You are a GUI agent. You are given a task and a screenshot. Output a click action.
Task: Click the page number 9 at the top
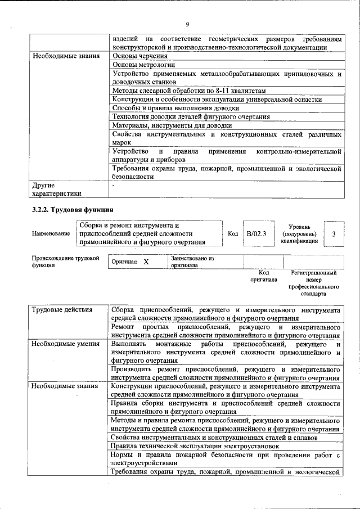click(187, 24)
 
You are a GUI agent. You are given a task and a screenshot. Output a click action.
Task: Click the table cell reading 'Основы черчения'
click(140, 56)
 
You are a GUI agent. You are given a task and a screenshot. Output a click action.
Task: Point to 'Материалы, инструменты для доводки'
click(172, 125)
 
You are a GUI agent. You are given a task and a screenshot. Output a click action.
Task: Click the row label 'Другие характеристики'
click(56, 189)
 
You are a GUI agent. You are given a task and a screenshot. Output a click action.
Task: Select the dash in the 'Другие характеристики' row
click(114, 184)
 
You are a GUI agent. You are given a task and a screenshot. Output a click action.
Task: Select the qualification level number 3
click(334, 233)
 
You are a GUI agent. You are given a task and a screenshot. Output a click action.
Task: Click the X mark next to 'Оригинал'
click(146, 262)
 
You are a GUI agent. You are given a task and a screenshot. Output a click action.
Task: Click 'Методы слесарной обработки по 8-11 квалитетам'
click(189, 91)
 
